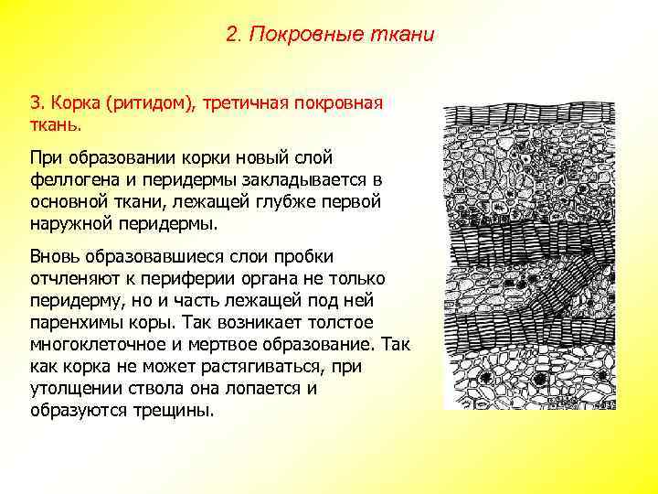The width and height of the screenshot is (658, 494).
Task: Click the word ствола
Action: tap(154, 388)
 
